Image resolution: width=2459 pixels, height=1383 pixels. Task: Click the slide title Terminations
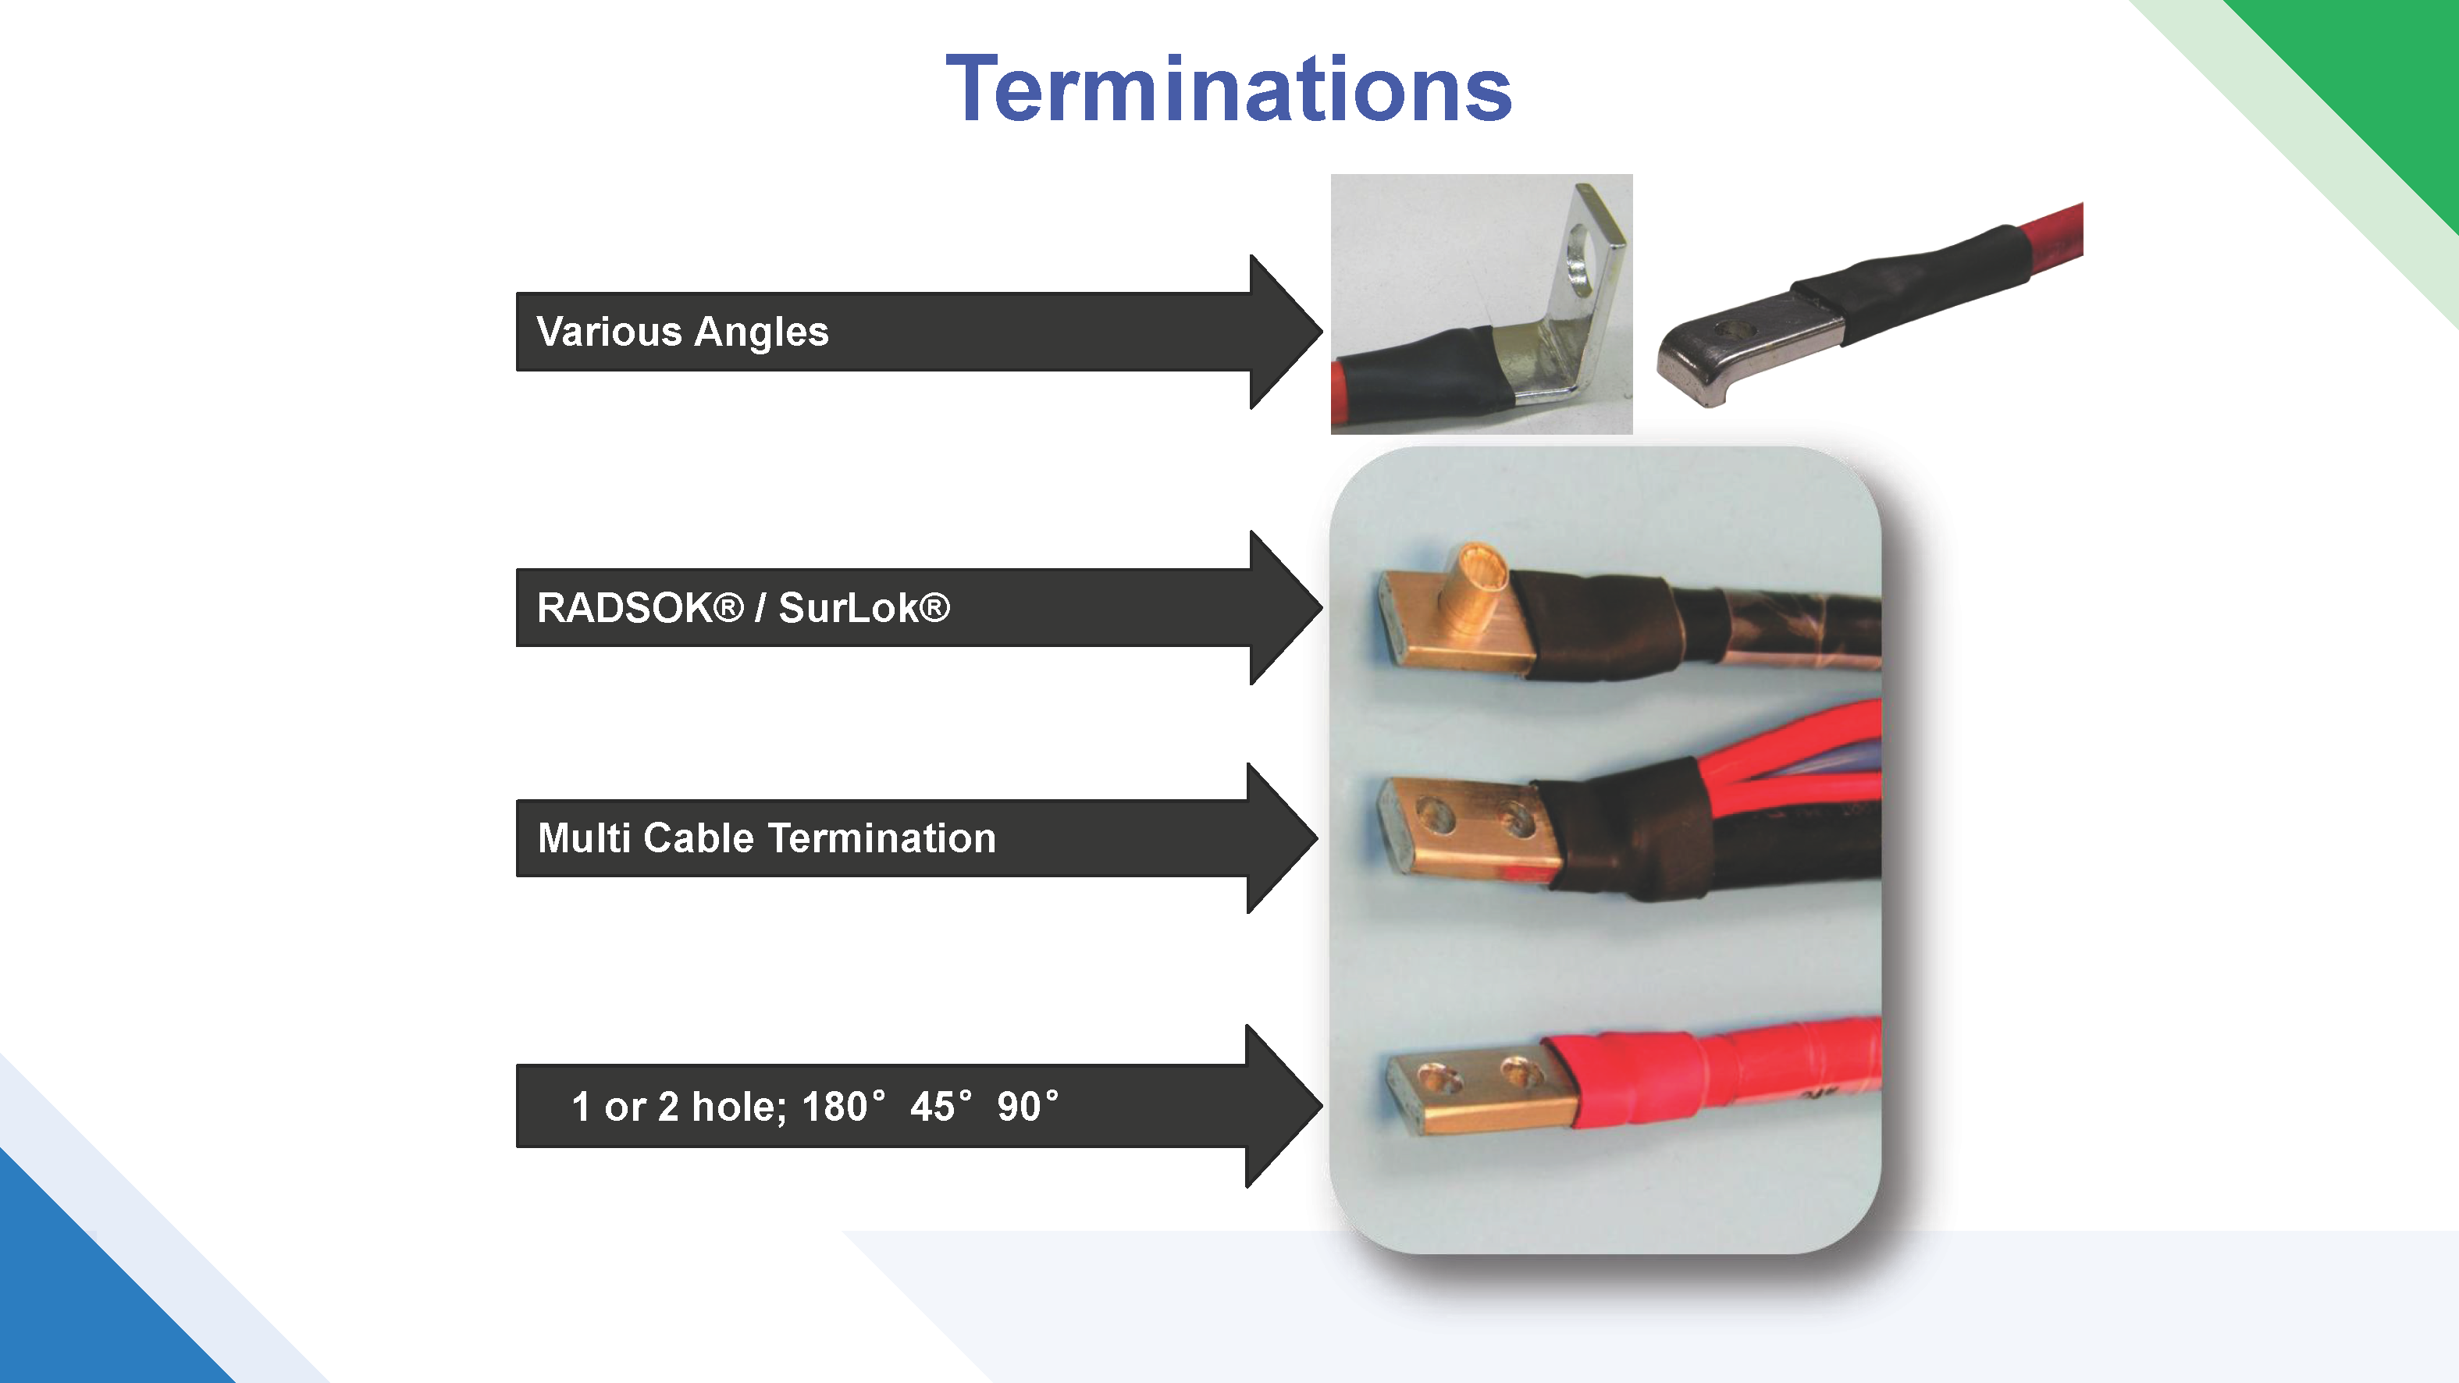pyautogui.click(x=1229, y=89)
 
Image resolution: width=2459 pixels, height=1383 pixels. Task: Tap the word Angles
pyautogui.click(x=762, y=333)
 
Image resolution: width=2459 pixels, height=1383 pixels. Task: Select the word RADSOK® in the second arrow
pyautogui.click(x=639, y=608)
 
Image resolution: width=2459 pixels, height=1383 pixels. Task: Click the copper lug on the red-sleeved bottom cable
pyautogui.click(x=1475, y=1093)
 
